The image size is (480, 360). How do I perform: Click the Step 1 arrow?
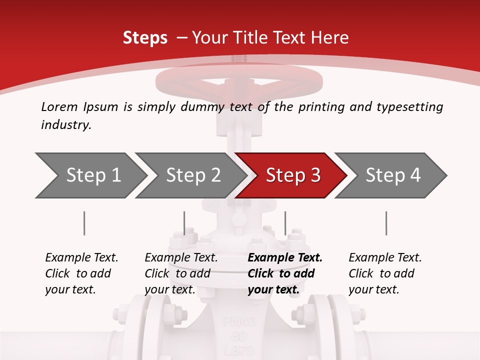[x=92, y=175]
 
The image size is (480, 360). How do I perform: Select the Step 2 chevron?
[x=193, y=175]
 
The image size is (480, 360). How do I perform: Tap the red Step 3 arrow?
[x=293, y=175]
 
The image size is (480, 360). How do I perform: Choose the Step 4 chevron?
[x=393, y=175]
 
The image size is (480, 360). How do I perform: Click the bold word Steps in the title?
[x=145, y=37]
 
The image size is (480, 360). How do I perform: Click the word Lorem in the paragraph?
[x=59, y=106]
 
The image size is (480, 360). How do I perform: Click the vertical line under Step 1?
[x=84, y=223]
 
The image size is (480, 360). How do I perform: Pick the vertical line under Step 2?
[x=184, y=223]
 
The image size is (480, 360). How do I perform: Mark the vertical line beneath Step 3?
[x=285, y=223]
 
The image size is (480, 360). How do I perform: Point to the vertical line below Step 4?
[x=386, y=223]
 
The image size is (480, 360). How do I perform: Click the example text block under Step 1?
[x=81, y=273]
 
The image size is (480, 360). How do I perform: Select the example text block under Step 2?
[x=181, y=273]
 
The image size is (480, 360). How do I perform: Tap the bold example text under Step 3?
[x=285, y=273]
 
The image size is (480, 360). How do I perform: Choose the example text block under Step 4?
[x=385, y=273]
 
